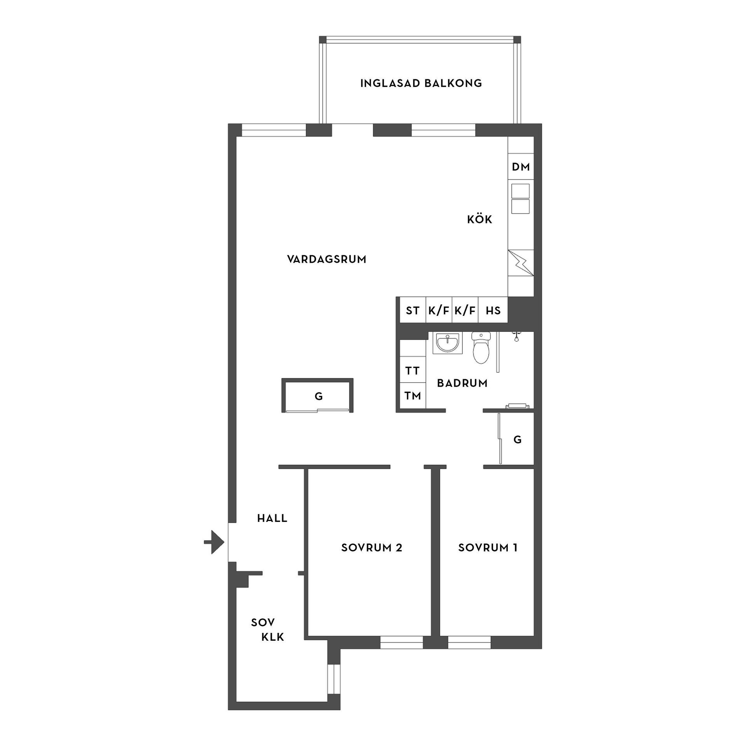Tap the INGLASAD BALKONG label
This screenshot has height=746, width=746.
pos(421,84)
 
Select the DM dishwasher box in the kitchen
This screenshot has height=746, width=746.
pos(521,167)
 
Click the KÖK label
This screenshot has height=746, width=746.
pos(479,220)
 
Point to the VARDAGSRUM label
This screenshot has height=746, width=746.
pos(327,259)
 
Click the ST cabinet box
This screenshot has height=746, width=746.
pos(413,310)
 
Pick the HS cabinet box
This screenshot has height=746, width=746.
pos(493,310)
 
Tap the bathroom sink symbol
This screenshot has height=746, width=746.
pos(447,343)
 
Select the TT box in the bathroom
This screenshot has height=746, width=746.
pos(413,371)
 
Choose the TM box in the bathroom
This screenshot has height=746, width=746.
pos(413,396)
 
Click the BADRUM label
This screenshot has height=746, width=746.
pos(462,383)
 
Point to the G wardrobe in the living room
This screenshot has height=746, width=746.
pos(318,396)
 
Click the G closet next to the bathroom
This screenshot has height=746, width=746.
pos(517,439)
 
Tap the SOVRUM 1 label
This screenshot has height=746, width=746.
pos(488,548)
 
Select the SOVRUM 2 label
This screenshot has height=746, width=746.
pos(371,548)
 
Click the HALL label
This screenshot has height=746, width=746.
pos(272,518)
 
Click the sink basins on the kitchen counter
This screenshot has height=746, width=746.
pos(520,199)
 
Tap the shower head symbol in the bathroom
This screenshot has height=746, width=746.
pos(516,336)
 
